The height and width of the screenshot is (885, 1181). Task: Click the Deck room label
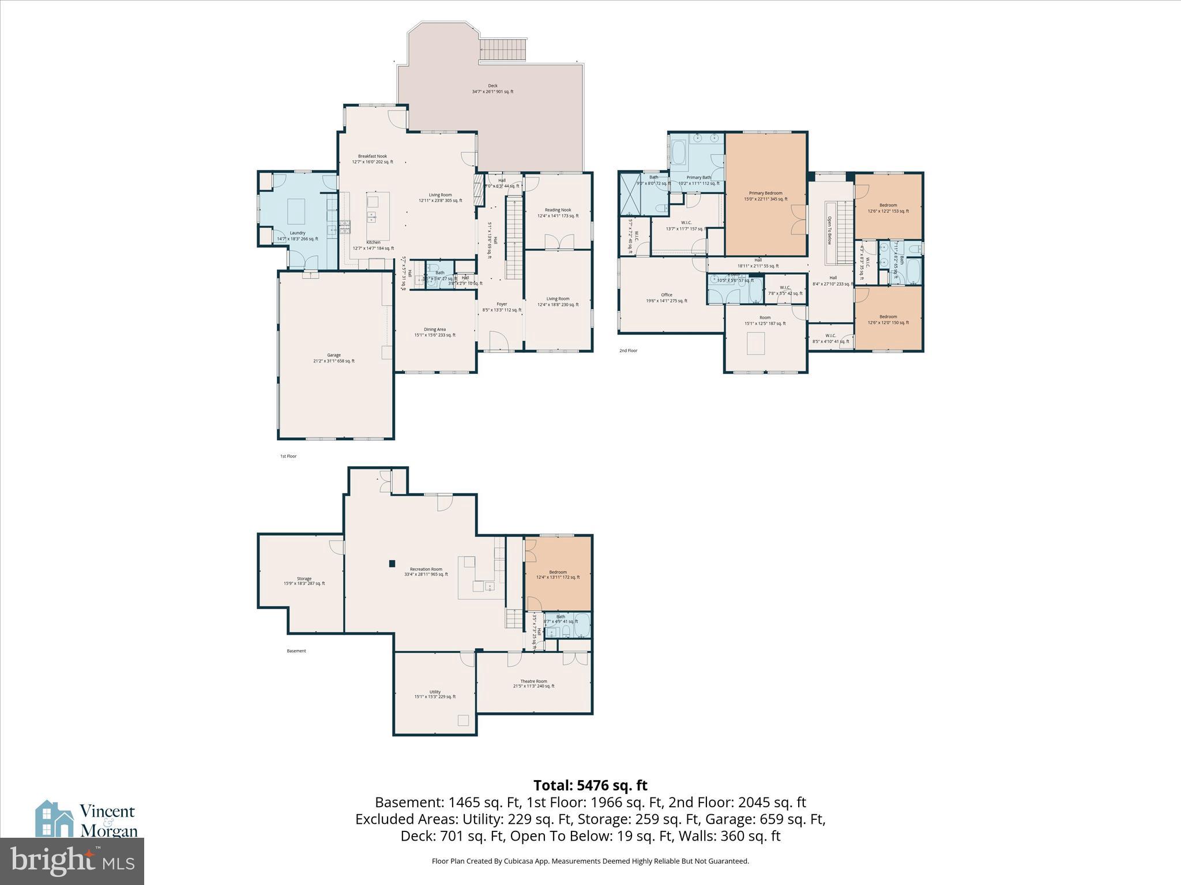[492, 86]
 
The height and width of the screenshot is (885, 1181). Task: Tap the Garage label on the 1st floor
[334, 355]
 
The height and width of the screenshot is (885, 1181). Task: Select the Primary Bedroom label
[765, 193]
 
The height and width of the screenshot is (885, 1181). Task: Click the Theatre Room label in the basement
[533, 681]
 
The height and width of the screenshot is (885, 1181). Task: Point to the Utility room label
[435, 692]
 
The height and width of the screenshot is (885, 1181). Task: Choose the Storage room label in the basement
[304, 578]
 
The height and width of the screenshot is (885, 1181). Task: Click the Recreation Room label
[426, 569]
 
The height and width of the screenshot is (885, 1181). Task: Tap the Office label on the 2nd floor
[667, 295]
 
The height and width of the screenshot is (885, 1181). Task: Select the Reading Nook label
[558, 210]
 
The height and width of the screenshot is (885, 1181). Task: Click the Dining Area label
[435, 330]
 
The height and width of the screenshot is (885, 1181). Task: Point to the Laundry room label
[298, 233]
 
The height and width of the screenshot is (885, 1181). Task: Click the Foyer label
[502, 304]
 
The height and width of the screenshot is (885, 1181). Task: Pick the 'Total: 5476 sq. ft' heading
[590, 785]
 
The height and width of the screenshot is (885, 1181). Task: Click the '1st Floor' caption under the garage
[288, 456]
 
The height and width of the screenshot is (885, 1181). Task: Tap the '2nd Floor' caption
[629, 350]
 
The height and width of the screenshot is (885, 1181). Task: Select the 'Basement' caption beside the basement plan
[296, 651]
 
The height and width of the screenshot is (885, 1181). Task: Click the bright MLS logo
[72, 861]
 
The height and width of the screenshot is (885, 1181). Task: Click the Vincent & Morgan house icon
[54, 818]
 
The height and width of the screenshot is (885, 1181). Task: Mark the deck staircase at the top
[503, 50]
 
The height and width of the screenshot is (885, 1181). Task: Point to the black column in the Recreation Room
[392, 563]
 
